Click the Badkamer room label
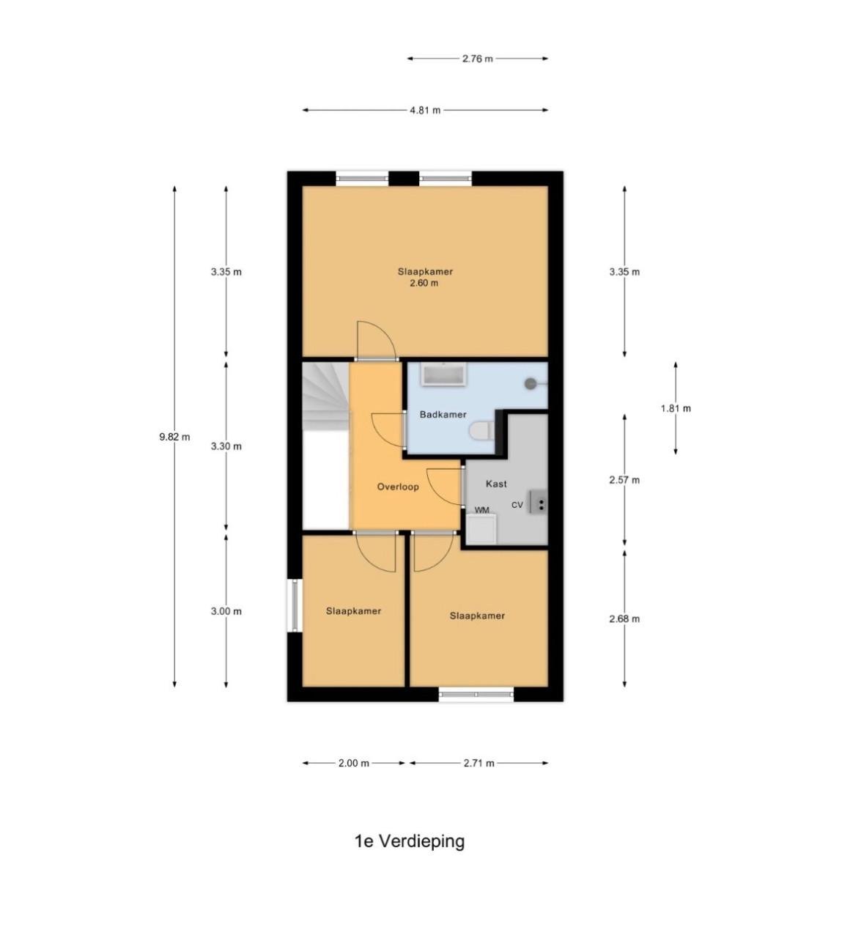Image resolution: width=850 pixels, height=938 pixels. pyautogui.click(x=443, y=415)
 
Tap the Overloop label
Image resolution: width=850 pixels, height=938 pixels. pyautogui.click(x=398, y=487)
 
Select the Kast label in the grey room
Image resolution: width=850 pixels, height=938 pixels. pyautogui.click(x=496, y=484)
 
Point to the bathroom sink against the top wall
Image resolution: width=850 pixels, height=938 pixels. pyautogui.click(x=444, y=374)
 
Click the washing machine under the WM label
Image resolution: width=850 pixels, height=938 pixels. pyautogui.click(x=481, y=528)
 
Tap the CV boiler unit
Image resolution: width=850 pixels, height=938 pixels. pyautogui.click(x=539, y=503)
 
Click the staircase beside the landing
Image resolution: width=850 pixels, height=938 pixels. pyautogui.click(x=325, y=399)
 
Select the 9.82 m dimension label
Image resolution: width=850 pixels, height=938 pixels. pyautogui.click(x=174, y=437)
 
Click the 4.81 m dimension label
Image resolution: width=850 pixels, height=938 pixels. pyautogui.click(x=425, y=111)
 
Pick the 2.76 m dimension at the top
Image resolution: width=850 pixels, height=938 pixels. pyautogui.click(x=477, y=59)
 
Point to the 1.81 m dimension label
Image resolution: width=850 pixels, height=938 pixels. pyautogui.click(x=675, y=409)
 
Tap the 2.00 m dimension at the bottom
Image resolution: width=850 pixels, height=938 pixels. pyautogui.click(x=353, y=763)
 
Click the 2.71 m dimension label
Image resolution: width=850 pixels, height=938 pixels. pyautogui.click(x=478, y=763)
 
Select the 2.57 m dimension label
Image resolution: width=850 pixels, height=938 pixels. pyautogui.click(x=624, y=481)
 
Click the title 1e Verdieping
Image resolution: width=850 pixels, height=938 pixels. pyautogui.click(x=410, y=841)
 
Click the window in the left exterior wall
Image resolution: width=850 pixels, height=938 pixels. pyautogui.click(x=295, y=605)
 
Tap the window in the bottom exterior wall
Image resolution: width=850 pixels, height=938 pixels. pyautogui.click(x=476, y=694)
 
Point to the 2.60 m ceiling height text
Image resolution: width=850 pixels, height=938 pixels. pyautogui.click(x=424, y=283)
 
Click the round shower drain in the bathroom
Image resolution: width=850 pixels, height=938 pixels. pyautogui.click(x=531, y=383)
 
